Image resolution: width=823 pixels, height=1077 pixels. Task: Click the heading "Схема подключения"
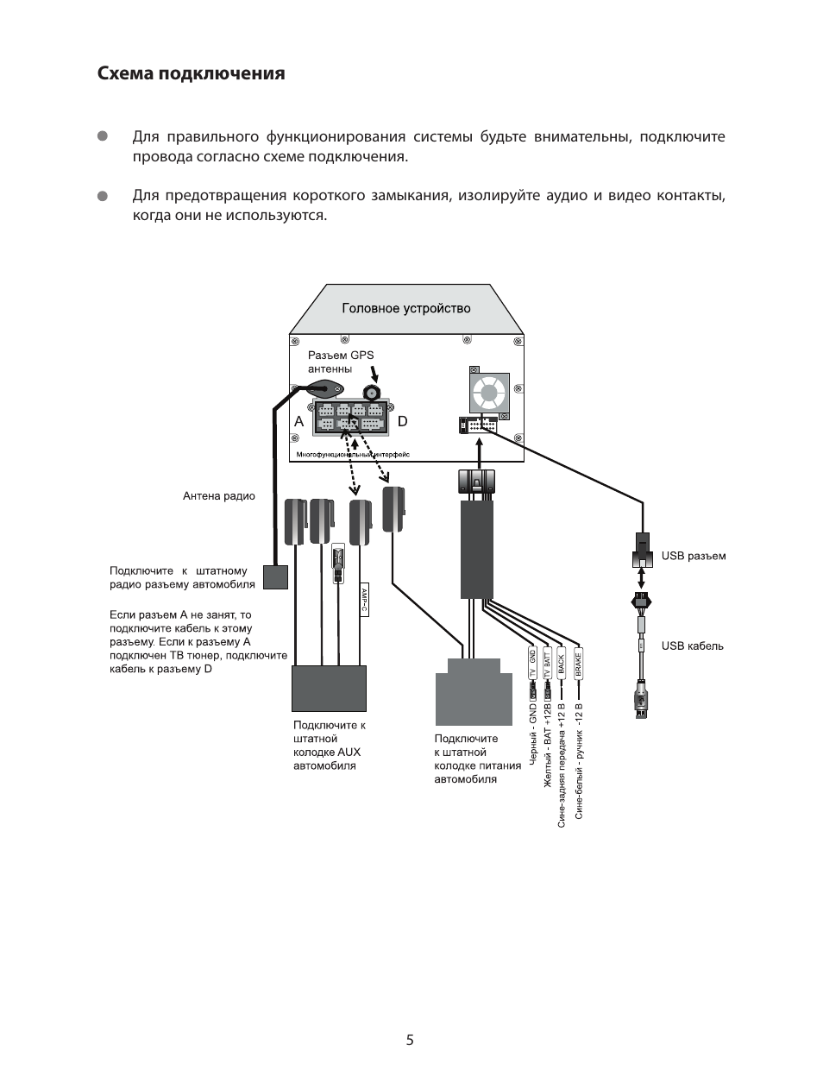(191, 73)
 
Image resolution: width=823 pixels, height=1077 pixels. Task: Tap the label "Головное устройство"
(405, 308)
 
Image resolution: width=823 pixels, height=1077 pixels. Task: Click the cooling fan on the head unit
(489, 394)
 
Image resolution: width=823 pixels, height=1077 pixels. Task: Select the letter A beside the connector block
(298, 421)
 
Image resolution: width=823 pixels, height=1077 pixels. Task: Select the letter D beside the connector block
(402, 421)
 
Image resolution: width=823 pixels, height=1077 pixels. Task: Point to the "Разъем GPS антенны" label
(341, 362)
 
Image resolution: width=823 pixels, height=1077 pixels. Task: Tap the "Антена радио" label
(219, 496)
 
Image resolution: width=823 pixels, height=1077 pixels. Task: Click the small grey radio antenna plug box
(275, 576)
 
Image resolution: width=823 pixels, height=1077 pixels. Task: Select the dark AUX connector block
(330, 688)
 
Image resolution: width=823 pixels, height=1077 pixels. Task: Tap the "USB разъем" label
(693, 556)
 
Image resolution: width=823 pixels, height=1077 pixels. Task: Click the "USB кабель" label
(692, 646)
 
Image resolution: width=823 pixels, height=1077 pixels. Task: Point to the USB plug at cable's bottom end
(641, 700)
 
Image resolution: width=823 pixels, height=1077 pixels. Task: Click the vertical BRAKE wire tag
(578, 662)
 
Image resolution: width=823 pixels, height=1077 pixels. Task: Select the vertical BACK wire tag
(561, 662)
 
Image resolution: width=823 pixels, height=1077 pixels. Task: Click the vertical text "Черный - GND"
(533, 734)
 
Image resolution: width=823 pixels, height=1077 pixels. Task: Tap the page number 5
(411, 1040)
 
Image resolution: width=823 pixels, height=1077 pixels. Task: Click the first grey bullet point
(102, 136)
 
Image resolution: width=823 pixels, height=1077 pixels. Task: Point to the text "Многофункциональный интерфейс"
(352, 454)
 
